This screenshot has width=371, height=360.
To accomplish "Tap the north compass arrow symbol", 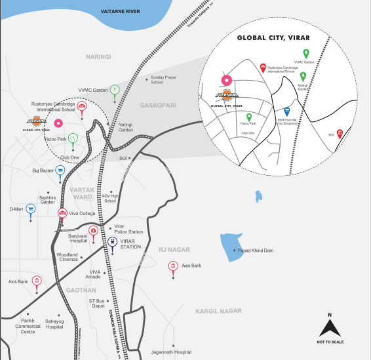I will click(330, 325).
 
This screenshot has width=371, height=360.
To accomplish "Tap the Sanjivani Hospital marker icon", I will click(94, 231).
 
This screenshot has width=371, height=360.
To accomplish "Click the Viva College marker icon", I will click(63, 213).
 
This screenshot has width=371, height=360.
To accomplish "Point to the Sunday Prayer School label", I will click(165, 79).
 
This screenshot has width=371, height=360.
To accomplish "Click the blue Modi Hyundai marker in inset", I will click(287, 111).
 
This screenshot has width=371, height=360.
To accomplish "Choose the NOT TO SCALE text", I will click(330, 342).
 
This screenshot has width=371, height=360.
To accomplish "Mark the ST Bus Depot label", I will click(97, 303).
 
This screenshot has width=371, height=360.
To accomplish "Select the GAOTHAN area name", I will click(81, 289).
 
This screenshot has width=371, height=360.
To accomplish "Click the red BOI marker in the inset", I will click(340, 132).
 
